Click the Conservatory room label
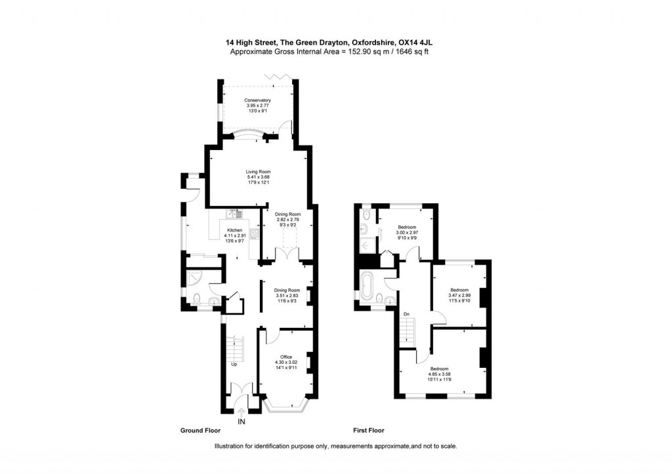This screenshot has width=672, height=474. pyautogui.click(x=257, y=100)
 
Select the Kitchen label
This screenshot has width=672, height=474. pyautogui.click(x=235, y=230)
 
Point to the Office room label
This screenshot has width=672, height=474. pyautogui.click(x=286, y=357)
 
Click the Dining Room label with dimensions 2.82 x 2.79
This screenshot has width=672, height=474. pyautogui.click(x=287, y=214)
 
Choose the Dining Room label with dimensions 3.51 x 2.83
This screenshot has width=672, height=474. pyautogui.click(x=287, y=290)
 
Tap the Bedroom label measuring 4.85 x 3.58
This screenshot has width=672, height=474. pyautogui.click(x=440, y=370)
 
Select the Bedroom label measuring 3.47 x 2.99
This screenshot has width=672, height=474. pyautogui.click(x=459, y=289)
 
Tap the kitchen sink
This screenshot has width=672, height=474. pyautogui.click(x=234, y=214)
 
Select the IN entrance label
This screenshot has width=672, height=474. pyautogui.click(x=241, y=421)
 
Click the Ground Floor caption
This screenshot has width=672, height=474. pyautogui.click(x=200, y=431)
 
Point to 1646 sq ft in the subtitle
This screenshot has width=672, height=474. pyautogui.click(x=409, y=51)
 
